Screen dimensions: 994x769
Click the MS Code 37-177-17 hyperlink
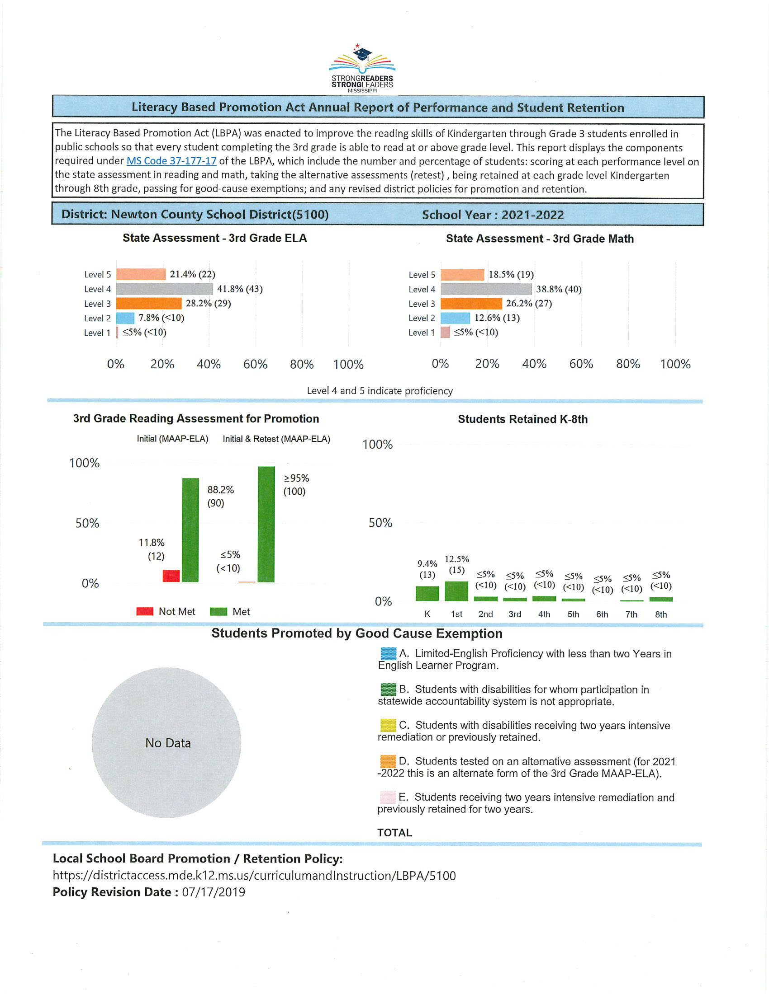pos(171,161)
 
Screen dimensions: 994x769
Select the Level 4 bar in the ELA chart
pos(165,289)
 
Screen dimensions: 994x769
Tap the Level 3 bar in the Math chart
pos(471,304)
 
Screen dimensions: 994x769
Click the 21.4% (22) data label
pos(192,274)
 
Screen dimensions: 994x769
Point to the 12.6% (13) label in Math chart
pos(497,318)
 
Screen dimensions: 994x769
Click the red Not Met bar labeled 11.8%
pos(171,576)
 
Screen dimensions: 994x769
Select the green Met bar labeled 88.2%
pos(190,530)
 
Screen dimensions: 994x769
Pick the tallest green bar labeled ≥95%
pos(266,524)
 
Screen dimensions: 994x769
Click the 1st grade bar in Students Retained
pos(456,591)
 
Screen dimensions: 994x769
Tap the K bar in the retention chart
pos(427,593)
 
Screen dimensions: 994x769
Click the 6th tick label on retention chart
pos(602,614)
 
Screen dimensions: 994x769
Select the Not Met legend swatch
pos(145,612)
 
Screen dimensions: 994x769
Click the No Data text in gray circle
pos(168,743)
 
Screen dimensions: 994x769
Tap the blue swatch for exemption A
pos(388,654)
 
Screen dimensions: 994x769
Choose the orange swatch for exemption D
pos(388,761)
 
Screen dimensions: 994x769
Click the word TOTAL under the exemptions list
pos(394,833)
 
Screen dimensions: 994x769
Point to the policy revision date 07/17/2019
pos(213,892)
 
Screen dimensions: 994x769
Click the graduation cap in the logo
pos(363,55)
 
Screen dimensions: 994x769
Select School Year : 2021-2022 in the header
pos(493,215)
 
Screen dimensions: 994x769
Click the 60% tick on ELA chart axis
pos(255,364)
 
